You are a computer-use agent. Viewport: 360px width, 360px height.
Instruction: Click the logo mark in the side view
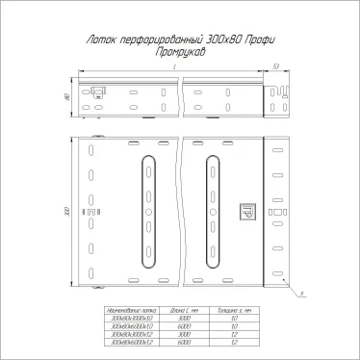coord(99,92)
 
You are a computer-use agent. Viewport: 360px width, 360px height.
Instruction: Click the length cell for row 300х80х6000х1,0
coord(182,326)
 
